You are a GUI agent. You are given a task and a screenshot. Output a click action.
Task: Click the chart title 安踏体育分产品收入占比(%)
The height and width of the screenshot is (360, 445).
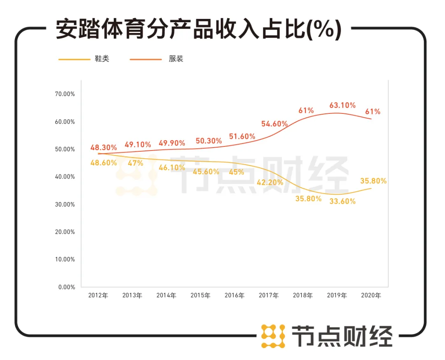click(x=199, y=30)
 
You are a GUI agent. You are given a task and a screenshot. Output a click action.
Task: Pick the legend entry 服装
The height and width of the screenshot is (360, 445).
click(x=176, y=59)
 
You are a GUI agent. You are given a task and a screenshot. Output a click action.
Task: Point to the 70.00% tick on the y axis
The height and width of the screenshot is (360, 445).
click(x=65, y=94)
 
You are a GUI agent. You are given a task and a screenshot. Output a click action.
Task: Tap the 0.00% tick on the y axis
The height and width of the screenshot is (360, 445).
click(x=66, y=287)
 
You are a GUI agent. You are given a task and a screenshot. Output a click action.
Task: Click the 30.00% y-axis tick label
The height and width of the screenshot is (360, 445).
click(x=65, y=204)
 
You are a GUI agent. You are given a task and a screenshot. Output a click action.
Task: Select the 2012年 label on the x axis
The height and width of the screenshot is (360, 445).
click(x=98, y=296)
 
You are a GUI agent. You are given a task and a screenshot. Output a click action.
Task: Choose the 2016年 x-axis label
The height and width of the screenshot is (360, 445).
click(x=234, y=296)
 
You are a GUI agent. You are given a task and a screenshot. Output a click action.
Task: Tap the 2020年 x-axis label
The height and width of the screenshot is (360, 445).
click(x=371, y=296)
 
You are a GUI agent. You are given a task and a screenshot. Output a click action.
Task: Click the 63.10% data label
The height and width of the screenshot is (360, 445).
click(x=342, y=106)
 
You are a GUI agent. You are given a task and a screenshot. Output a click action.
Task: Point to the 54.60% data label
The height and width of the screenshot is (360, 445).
click(x=274, y=124)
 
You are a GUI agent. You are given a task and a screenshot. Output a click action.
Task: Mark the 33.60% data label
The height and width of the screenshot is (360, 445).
click(x=342, y=202)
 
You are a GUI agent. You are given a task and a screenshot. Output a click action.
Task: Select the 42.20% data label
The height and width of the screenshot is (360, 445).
click(x=270, y=182)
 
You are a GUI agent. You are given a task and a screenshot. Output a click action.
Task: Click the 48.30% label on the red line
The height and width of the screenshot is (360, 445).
click(x=104, y=147)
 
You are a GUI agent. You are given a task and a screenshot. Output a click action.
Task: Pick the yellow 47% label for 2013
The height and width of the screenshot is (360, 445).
click(x=136, y=163)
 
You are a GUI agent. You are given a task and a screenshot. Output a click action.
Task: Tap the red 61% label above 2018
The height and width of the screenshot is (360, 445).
click(x=306, y=111)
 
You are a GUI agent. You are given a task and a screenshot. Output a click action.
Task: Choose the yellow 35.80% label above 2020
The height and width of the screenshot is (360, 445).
click(x=373, y=181)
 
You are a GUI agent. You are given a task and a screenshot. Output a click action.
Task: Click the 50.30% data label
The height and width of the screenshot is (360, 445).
click(x=208, y=141)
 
